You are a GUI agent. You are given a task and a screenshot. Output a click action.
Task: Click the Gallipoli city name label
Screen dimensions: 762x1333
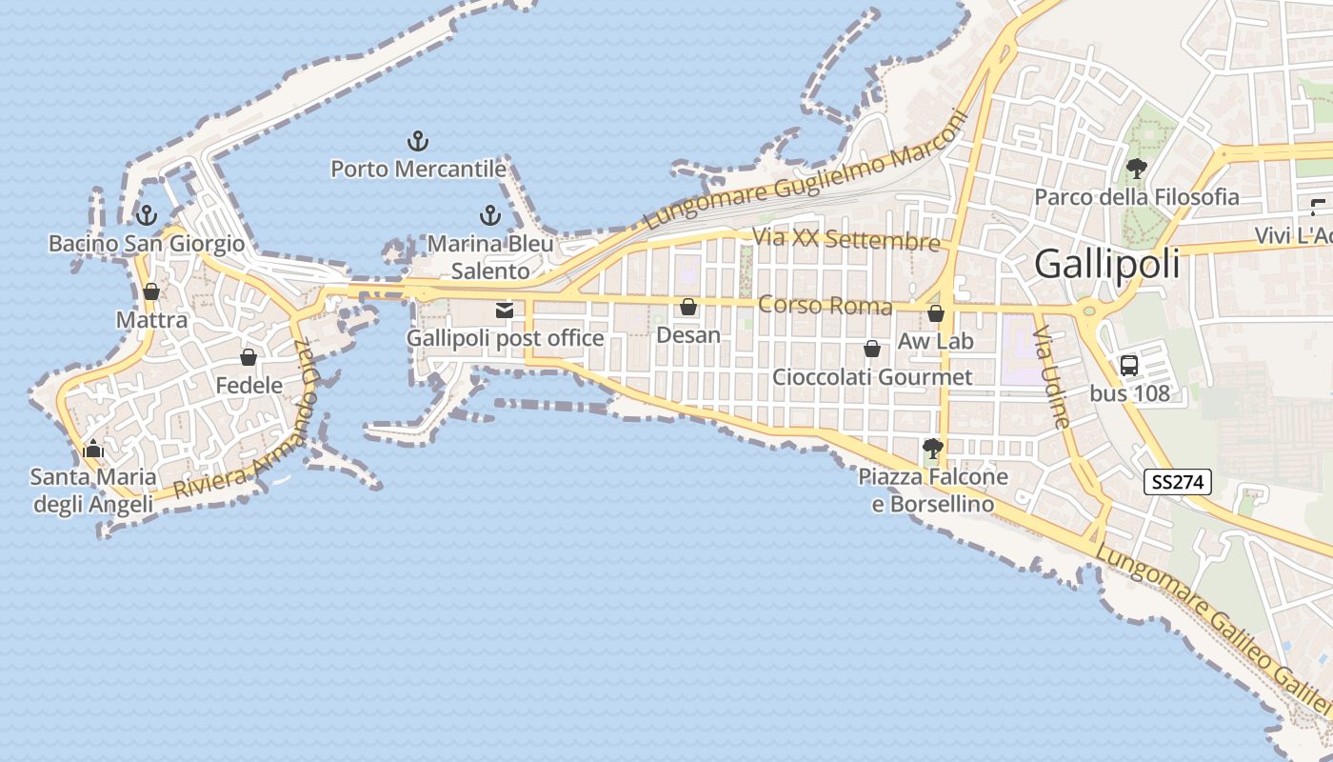(1106, 264)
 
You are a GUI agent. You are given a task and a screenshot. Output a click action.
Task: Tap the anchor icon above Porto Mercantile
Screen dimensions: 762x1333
(418, 142)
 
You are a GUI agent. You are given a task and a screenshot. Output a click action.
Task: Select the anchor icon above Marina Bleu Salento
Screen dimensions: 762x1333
(490, 215)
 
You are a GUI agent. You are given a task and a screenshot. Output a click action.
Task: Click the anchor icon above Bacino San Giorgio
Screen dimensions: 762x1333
(147, 215)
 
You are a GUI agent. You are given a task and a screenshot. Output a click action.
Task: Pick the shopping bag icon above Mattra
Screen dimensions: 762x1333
(151, 291)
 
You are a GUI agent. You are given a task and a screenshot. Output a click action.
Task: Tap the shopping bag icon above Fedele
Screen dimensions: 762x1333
(249, 357)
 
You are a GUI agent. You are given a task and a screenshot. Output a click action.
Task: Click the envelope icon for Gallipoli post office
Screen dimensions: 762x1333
(504, 310)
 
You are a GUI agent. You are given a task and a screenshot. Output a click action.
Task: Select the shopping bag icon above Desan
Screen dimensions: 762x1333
(688, 307)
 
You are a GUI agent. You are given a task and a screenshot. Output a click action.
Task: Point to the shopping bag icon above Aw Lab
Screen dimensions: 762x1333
(936, 313)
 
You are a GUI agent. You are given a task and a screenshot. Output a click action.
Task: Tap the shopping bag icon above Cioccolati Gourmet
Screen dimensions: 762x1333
(872, 350)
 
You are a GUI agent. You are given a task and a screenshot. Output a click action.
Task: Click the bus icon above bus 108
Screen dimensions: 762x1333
(1129, 365)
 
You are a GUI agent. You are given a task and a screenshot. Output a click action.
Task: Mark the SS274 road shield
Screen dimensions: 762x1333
(1178, 482)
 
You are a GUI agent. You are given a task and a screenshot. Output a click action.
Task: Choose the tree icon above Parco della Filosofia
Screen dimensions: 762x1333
(1136, 169)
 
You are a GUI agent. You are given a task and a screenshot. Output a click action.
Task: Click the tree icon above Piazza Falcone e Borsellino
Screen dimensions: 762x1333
(933, 449)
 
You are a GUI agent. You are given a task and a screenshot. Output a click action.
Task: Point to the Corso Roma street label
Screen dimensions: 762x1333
(826, 306)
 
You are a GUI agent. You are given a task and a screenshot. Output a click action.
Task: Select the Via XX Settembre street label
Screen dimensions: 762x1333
(846, 239)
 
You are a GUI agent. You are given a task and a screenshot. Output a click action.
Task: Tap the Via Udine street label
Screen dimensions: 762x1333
(1052, 376)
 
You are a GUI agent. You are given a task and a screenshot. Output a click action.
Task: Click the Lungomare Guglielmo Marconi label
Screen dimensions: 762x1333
(806, 170)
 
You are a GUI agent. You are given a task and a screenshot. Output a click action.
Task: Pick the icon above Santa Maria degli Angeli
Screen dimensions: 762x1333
(93, 448)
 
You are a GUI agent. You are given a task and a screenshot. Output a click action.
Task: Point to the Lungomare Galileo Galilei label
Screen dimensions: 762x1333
(1213, 630)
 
